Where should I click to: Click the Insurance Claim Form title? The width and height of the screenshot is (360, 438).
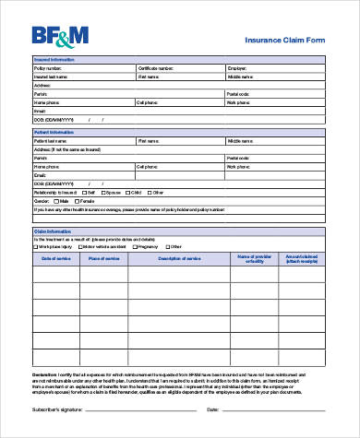coord(284,41)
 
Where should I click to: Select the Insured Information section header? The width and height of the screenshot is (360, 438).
coord(54,60)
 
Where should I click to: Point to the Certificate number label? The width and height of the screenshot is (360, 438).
coord(155,68)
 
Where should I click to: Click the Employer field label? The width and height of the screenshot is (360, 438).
coord(236,68)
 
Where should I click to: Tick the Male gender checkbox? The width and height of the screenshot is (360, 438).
coord(56,201)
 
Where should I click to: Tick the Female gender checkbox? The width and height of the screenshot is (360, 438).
coord(78,201)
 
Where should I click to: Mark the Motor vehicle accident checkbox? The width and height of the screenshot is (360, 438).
coord(79,247)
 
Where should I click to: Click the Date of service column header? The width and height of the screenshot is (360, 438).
coord(56,259)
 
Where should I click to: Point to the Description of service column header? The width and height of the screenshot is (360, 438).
coord(178,259)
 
